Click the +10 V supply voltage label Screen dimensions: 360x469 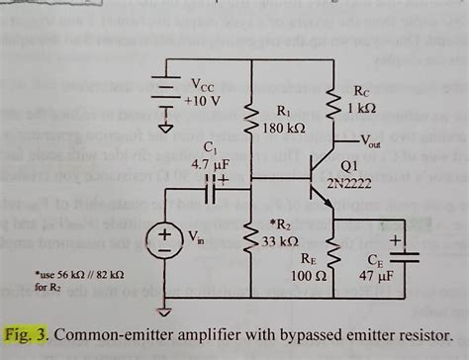203,101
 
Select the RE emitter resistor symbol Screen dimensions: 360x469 333,259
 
